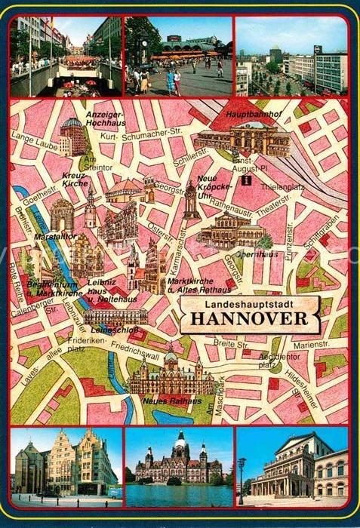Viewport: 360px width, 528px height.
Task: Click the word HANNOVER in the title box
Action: coord(249,318)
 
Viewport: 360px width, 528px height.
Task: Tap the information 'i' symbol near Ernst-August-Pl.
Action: coord(244,181)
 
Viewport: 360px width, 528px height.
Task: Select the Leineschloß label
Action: coord(106,330)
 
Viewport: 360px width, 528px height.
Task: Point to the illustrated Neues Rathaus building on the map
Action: coord(171,375)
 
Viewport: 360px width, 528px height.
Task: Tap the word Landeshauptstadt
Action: coord(249,303)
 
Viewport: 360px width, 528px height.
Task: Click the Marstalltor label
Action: coord(50,236)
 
